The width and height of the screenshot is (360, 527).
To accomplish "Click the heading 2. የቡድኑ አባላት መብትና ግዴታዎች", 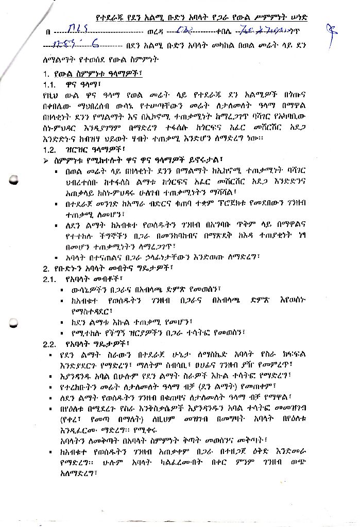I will pos(108,268).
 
